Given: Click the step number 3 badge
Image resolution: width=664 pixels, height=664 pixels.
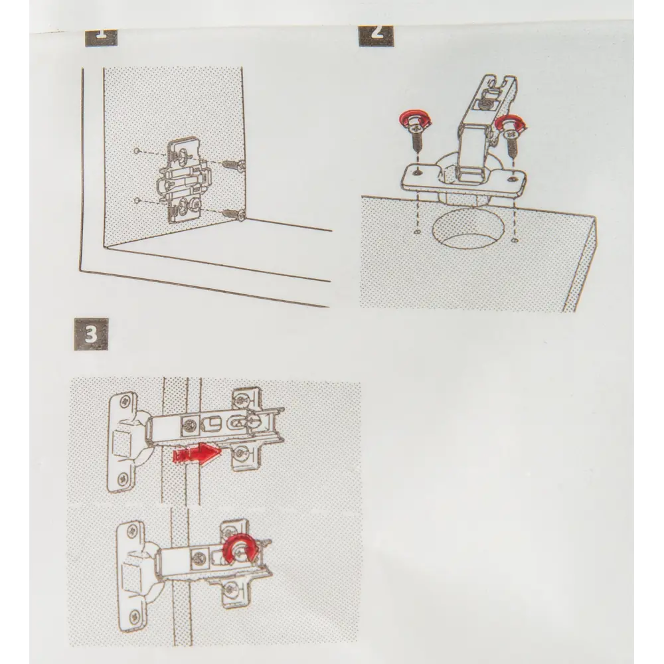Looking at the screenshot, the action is coord(91,334).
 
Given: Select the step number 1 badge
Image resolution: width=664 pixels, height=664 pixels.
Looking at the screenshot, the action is coord(101,37).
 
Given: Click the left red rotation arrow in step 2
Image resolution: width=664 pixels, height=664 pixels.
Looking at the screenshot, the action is coord(415,119).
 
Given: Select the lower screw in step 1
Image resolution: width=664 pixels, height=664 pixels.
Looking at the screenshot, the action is coord(234,213).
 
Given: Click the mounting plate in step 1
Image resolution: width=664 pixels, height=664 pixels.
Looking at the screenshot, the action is coord(184,180).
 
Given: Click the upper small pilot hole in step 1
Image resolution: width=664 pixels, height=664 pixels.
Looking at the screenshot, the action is coord(136,151).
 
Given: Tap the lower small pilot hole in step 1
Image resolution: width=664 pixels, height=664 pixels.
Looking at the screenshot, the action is coord(136,200).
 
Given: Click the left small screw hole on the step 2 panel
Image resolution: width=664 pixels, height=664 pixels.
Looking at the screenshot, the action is coord(418,232).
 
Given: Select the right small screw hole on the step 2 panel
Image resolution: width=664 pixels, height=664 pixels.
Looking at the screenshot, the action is coord(515,240).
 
